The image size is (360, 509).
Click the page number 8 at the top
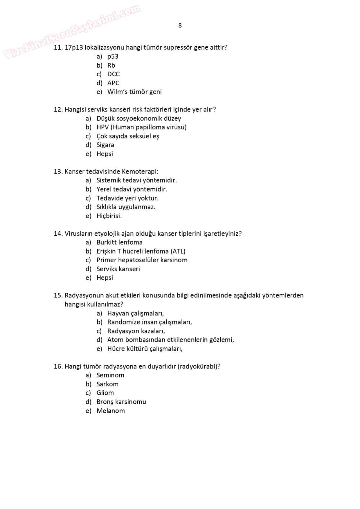[180, 26]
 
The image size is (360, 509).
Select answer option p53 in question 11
[113, 57]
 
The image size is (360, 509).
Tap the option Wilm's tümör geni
[134, 92]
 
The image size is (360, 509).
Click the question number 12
[58, 110]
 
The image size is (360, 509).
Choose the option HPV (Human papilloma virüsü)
[141, 127]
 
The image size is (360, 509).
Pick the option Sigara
[105, 145]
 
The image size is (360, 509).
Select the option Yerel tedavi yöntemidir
[132, 189]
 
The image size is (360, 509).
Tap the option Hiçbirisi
[109, 216]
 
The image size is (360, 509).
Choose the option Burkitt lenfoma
[119, 243]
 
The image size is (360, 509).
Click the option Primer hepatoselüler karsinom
[142, 260]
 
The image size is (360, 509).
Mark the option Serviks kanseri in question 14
[118, 269]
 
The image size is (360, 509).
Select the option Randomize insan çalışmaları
[150, 322]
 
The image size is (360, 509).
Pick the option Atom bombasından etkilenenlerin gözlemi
[170, 340]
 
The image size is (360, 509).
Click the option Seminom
[110, 376]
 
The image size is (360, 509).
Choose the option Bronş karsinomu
[121, 402]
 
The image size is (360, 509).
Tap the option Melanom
[111, 411]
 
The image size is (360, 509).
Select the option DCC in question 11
[113, 74]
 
